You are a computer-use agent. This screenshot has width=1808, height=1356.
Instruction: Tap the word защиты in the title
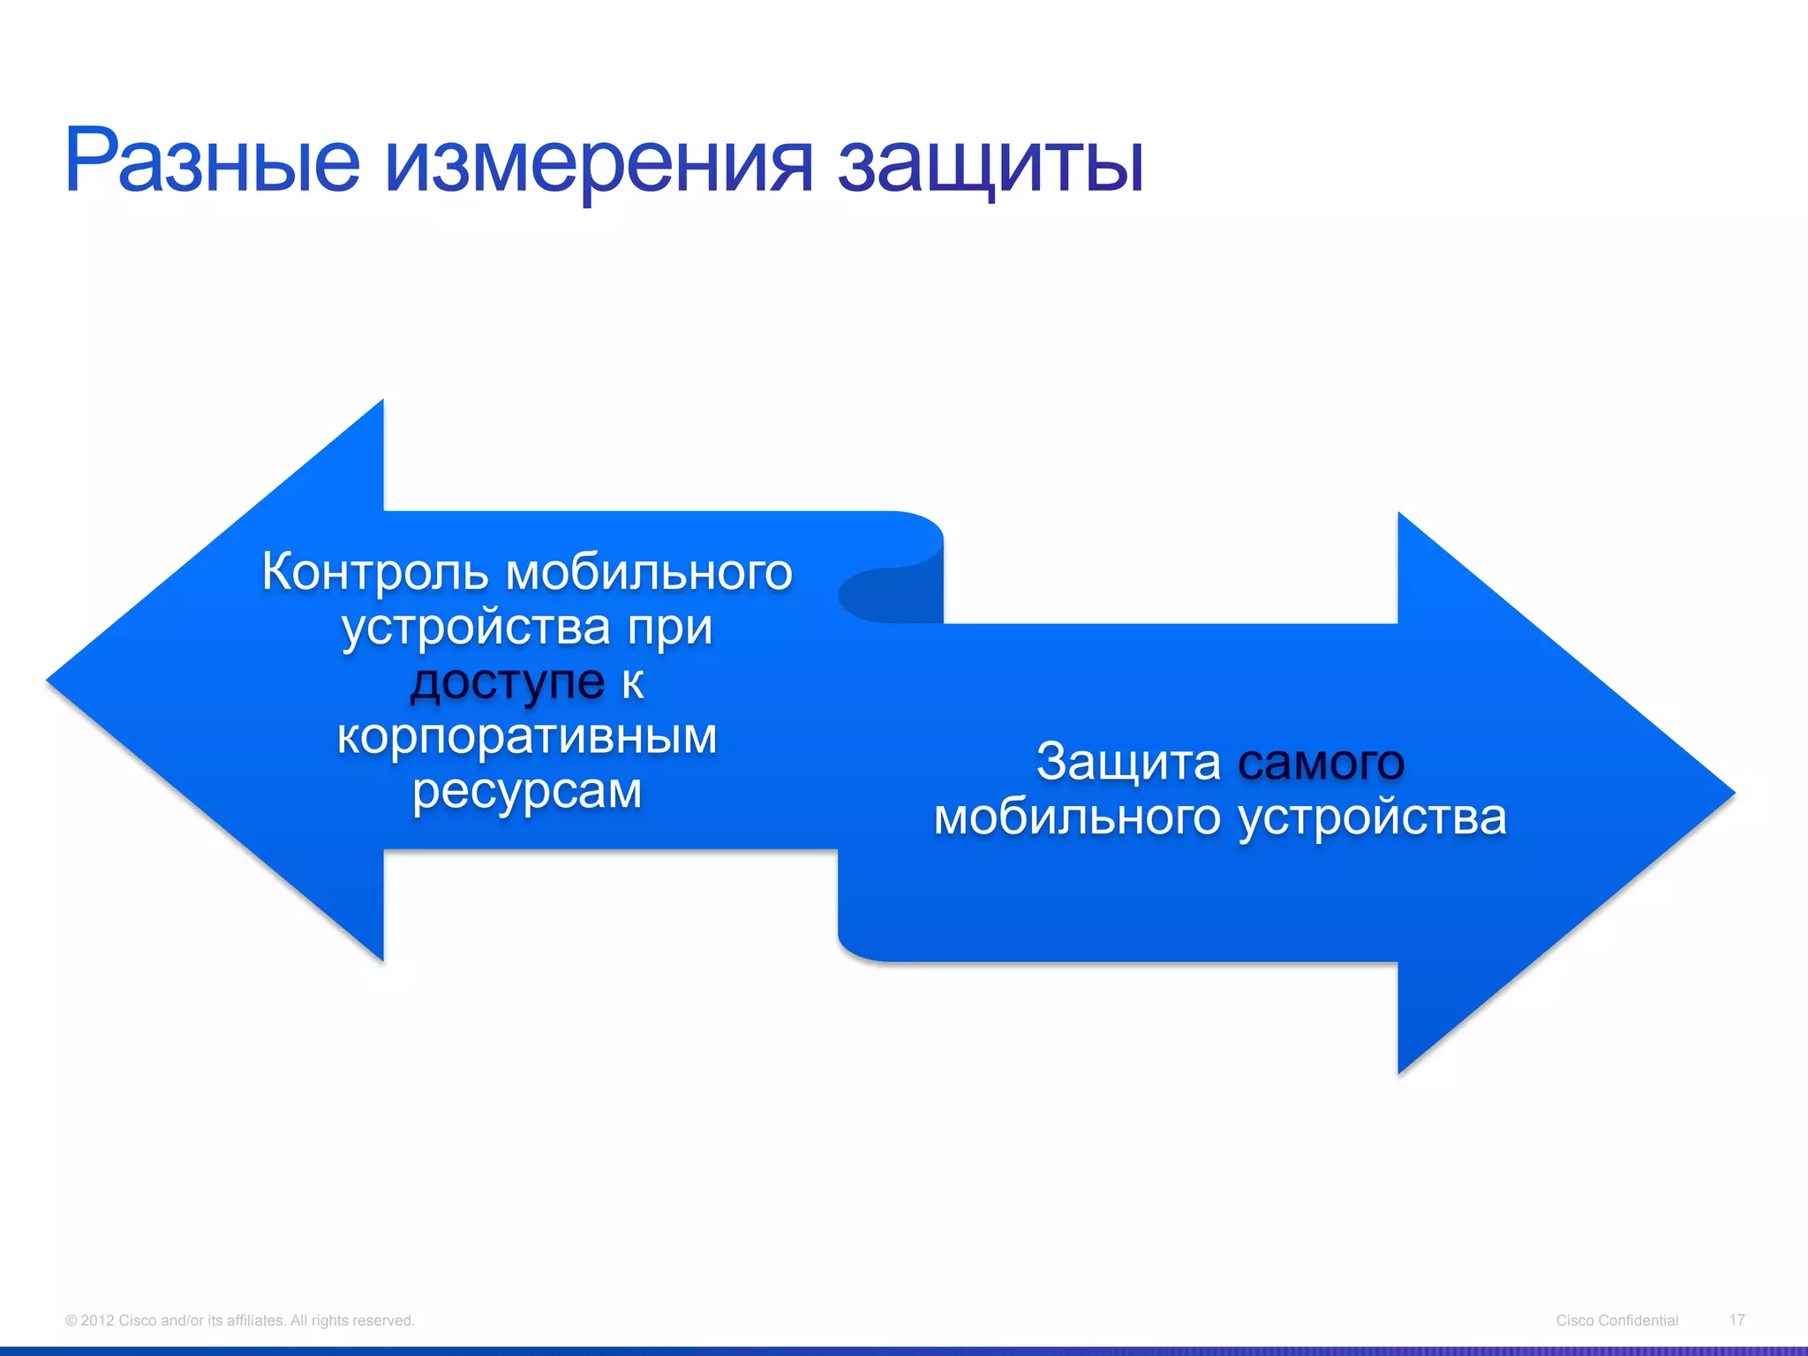click(990, 163)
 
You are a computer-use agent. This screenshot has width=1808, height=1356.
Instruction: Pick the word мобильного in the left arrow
click(649, 572)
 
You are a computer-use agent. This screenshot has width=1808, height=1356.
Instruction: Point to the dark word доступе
click(508, 682)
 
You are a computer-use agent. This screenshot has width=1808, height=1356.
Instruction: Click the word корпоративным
click(527, 735)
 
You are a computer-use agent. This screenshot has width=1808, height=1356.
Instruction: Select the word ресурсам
click(527, 791)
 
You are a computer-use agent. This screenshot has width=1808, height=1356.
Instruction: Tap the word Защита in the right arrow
click(1128, 761)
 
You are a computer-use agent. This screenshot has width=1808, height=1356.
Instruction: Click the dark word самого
click(1321, 761)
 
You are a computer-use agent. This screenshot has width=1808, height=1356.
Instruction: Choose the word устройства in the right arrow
click(1372, 817)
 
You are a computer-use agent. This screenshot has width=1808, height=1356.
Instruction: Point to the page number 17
click(1736, 1319)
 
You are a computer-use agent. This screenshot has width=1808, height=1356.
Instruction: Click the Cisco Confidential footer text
click(1616, 1320)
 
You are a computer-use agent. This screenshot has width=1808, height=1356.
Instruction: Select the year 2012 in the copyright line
click(97, 1321)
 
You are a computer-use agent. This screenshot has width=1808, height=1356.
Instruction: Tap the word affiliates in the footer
click(255, 1321)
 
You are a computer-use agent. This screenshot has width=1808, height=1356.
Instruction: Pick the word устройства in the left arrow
click(477, 628)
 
